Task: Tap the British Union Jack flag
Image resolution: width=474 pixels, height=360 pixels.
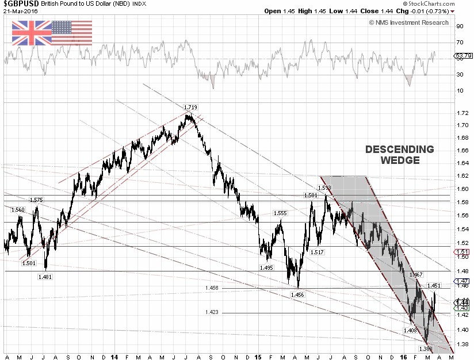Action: pos(31,33)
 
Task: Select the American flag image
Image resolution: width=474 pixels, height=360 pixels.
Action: pos(71,33)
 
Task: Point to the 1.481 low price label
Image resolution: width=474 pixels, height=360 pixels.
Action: pos(45,277)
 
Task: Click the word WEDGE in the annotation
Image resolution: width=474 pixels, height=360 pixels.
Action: pos(400,160)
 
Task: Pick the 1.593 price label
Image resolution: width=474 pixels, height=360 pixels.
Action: pos(325,187)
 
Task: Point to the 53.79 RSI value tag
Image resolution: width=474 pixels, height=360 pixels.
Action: pos(463,56)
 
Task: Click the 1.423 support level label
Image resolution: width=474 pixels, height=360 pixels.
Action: pos(212,313)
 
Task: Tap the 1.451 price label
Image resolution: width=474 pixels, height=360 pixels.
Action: pos(434,285)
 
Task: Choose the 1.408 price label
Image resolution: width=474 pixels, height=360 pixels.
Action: pos(410,331)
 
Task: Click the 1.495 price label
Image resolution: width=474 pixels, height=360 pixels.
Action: pos(266,268)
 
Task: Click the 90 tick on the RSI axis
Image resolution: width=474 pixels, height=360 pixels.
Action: pos(460,26)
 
